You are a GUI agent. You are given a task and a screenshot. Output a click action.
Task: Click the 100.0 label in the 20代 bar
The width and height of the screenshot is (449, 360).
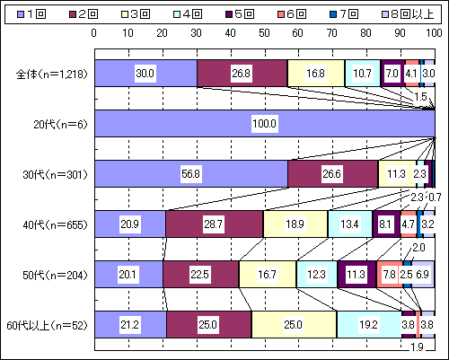click(x=265, y=124)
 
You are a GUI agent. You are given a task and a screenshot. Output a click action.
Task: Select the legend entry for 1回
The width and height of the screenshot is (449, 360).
click(x=31, y=14)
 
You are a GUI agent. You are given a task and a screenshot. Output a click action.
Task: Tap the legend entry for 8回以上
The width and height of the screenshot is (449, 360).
click(x=408, y=14)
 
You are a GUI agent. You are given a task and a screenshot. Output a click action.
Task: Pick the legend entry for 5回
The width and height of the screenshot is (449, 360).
click(x=240, y=14)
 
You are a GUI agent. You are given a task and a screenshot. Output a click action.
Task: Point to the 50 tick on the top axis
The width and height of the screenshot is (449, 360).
click(x=264, y=33)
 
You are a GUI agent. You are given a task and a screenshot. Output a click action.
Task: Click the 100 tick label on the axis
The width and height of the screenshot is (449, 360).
click(x=434, y=33)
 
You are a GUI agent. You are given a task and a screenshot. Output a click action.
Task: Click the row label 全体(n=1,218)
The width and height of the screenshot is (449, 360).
click(x=52, y=74)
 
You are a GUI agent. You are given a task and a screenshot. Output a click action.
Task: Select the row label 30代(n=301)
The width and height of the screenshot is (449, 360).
click(x=55, y=174)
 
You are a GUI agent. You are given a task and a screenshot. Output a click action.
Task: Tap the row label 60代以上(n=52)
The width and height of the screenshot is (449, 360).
click(x=47, y=325)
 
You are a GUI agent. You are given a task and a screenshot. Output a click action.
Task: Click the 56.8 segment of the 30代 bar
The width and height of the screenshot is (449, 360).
click(x=191, y=174)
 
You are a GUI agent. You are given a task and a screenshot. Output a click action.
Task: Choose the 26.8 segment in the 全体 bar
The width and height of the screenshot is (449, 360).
click(x=242, y=74)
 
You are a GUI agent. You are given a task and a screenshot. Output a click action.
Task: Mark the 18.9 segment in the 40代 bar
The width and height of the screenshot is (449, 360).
click(x=295, y=224)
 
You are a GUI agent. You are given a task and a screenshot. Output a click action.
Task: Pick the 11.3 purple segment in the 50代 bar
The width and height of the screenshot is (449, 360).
click(x=357, y=275)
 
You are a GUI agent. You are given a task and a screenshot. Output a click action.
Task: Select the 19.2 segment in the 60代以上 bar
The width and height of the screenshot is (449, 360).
click(x=369, y=325)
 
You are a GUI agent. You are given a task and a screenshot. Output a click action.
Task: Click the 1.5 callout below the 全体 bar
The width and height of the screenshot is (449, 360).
click(x=420, y=97)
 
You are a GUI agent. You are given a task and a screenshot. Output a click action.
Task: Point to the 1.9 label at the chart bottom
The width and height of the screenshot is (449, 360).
click(x=417, y=347)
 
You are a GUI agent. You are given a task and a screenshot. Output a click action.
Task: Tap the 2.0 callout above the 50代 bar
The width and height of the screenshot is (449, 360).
click(x=418, y=248)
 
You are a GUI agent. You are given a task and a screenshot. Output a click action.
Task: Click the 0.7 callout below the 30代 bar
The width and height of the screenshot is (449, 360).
click(x=435, y=198)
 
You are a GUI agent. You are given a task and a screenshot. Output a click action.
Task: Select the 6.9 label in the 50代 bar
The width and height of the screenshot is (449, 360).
click(x=422, y=275)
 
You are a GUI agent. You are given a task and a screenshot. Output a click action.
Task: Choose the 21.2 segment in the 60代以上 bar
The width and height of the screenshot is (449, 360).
click(x=131, y=325)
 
